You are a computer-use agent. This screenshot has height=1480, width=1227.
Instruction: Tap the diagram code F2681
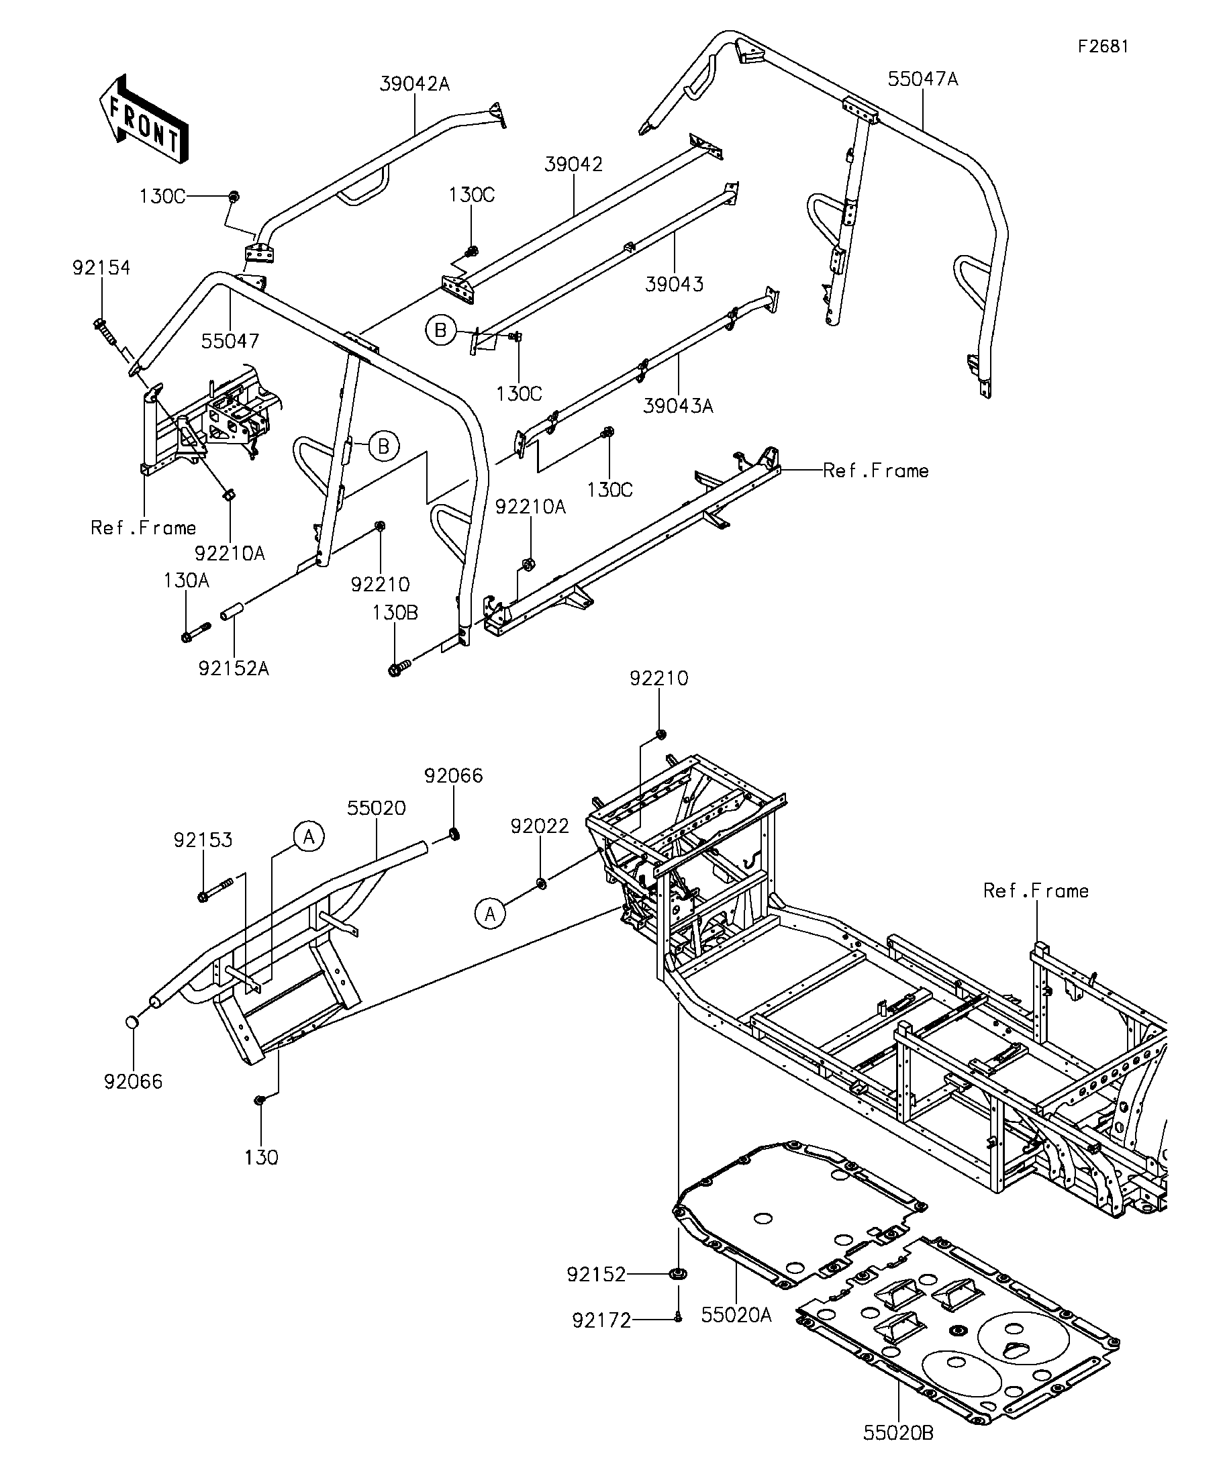tap(1103, 46)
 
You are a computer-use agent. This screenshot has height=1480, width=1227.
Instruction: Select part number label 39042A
tap(414, 84)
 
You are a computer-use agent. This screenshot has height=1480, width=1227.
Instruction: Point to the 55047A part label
tap(922, 79)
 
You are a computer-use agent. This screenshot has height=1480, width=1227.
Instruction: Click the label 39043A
tap(678, 406)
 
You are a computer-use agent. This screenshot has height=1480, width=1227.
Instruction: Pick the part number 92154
tap(101, 268)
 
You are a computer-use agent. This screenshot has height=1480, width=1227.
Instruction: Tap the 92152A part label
tap(234, 668)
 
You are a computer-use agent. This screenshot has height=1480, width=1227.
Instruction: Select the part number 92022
tap(540, 826)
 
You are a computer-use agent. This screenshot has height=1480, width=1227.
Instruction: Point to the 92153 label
tap(203, 840)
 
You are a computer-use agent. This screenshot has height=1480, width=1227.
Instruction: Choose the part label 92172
tap(601, 1321)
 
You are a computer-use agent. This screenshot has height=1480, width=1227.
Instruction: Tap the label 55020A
tap(736, 1315)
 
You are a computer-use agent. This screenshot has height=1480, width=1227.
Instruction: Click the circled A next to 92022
tap(491, 914)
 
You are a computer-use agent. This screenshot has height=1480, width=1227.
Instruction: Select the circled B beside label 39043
tap(440, 330)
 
